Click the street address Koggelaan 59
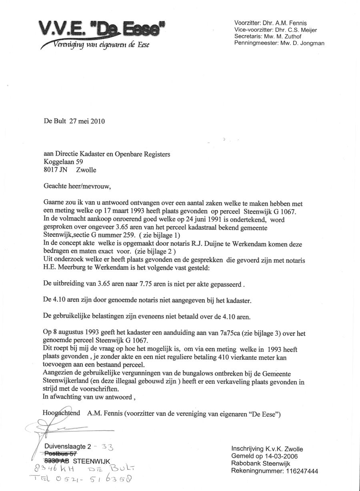pyautogui.click(x=63, y=162)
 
